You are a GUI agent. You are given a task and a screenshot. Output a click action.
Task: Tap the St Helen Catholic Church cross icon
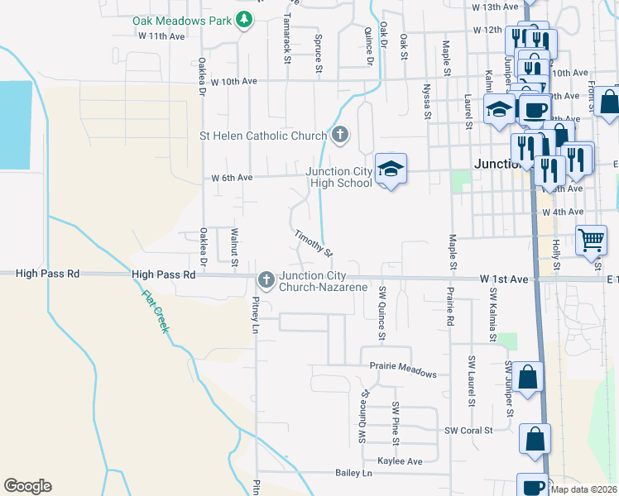tap(340, 135)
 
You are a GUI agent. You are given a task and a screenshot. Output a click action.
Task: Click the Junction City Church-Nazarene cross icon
tap(266, 280)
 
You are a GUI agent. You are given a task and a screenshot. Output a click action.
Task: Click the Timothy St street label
tap(314, 242)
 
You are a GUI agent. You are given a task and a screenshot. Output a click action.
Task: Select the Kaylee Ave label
tap(400, 460)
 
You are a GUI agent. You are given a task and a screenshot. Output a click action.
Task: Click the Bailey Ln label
tap(353, 473)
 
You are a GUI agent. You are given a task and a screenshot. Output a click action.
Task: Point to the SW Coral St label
tap(468, 430)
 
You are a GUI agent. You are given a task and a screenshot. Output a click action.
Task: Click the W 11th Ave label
tap(162, 36)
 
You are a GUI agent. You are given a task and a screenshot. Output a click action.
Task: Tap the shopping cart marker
tap(591, 241)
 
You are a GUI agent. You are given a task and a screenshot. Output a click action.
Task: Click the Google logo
tap(27, 486)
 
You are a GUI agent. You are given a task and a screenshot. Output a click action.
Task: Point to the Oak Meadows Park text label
tap(182, 20)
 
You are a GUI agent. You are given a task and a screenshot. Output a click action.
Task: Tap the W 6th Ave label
tap(231, 177)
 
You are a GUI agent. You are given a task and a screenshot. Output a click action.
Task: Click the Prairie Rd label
tap(450, 306)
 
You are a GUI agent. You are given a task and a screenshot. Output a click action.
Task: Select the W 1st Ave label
tap(503, 280)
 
